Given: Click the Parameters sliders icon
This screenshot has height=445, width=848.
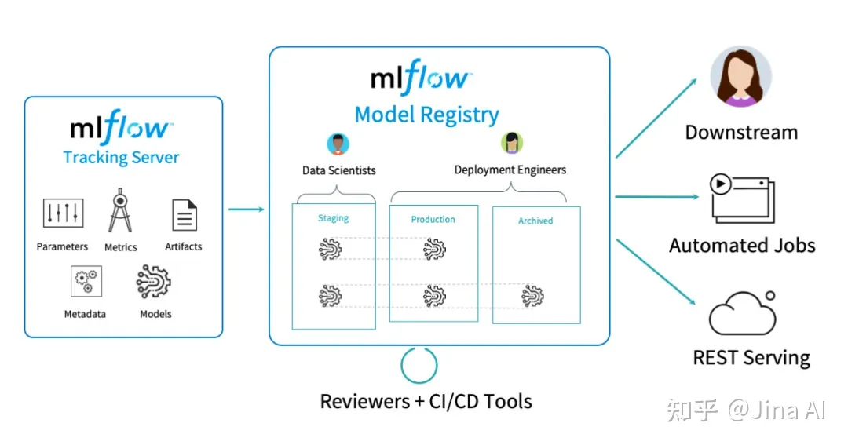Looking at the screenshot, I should click(63, 213).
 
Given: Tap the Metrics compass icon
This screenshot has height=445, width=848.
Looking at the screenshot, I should click(120, 210).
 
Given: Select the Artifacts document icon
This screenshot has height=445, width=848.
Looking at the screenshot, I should click(184, 214).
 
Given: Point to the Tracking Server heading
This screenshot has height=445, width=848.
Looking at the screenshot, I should click(121, 158).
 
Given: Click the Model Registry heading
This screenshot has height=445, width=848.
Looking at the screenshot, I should click(426, 115).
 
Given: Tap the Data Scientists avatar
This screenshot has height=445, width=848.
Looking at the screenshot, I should click(338, 144).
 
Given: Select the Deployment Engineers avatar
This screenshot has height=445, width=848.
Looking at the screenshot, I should click(511, 143).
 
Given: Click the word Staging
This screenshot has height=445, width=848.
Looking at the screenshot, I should click(333, 218).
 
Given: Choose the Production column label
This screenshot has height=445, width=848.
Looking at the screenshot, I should click(433, 220).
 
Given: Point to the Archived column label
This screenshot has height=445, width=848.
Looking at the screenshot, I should click(535, 221).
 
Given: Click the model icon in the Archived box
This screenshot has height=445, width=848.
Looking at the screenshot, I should click(533, 296).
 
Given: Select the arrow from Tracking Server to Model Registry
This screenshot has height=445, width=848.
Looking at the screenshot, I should click(246, 209).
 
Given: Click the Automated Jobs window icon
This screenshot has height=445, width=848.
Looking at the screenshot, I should click(742, 197).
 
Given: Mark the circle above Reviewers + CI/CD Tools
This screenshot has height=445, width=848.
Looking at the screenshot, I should click(419, 365).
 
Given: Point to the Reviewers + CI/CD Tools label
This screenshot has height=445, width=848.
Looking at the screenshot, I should click(426, 402).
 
